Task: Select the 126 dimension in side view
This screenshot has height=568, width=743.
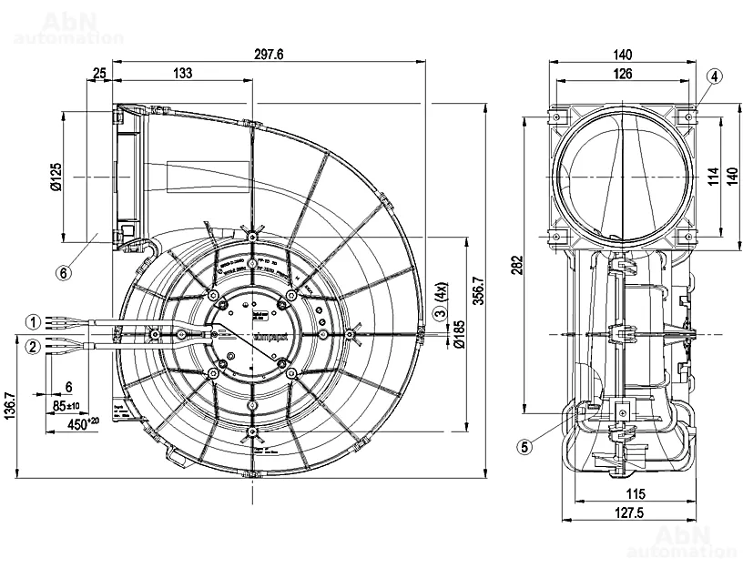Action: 623,74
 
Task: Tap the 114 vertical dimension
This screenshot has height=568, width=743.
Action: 712,175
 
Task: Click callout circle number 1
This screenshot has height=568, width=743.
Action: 33,321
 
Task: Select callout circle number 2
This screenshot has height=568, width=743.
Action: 33,346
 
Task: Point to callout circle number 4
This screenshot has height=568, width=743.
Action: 715,76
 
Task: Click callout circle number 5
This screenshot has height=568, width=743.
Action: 524,446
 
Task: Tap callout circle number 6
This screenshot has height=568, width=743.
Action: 63,271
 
